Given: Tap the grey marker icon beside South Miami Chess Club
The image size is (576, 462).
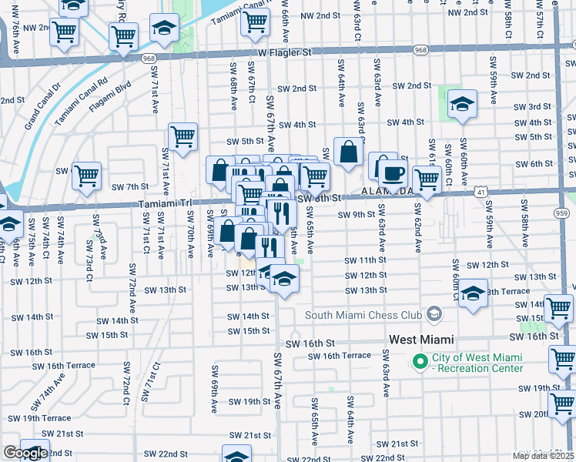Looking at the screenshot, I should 435,313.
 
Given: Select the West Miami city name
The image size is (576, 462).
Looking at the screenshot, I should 421,339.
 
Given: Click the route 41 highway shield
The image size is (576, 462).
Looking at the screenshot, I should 479,189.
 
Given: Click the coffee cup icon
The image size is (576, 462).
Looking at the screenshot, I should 393,174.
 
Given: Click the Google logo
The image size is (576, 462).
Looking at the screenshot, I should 25,453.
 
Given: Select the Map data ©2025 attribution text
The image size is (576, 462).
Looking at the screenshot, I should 544,456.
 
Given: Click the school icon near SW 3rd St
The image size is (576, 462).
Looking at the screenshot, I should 462,103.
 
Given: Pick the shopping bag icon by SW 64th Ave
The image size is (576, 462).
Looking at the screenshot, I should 349,152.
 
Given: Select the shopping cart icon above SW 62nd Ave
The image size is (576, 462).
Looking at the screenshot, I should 426,179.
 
